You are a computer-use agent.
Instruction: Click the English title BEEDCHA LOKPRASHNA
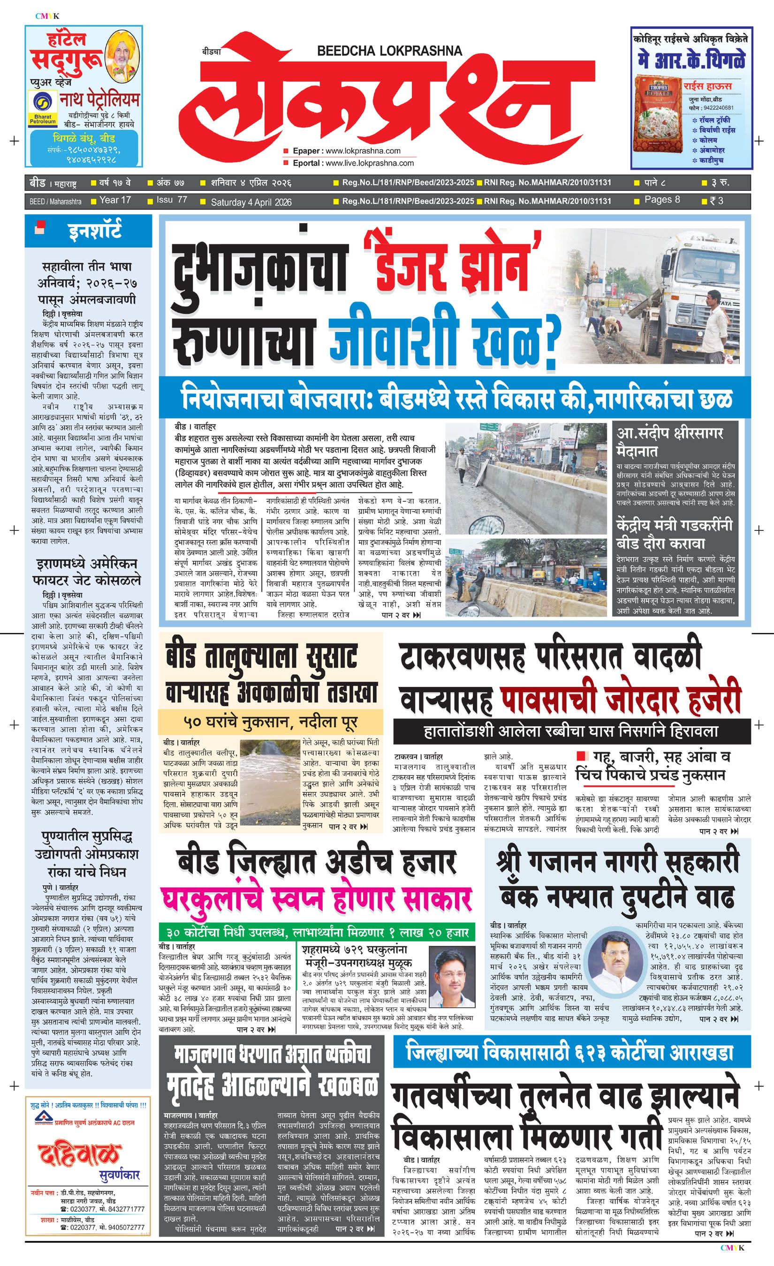pos(389,50)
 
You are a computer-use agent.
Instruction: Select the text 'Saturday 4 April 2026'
pos(251,202)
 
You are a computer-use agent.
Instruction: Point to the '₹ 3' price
pos(716,200)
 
